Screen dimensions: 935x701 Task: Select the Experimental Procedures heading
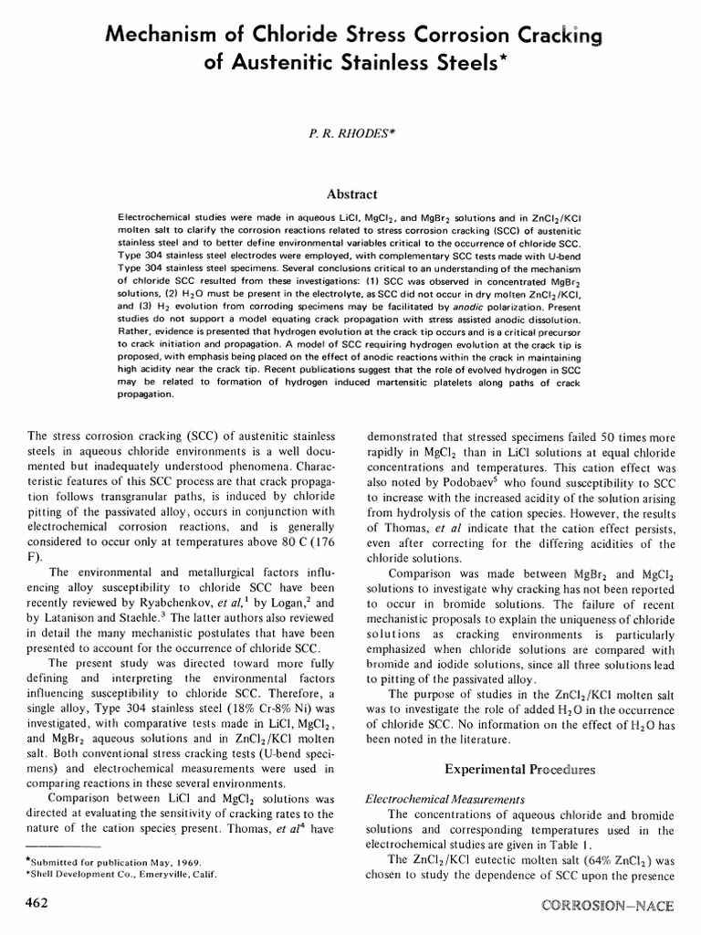tap(519, 770)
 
